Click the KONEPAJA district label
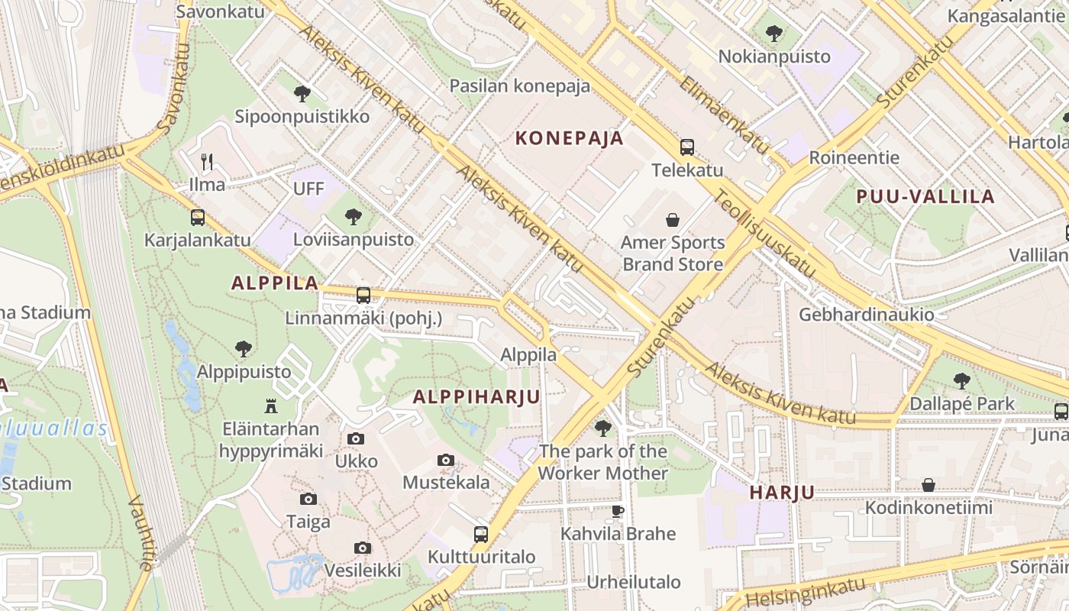coord(570,138)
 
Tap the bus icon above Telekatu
coord(687,147)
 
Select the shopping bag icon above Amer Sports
coord(673,221)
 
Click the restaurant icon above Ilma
coord(207,161)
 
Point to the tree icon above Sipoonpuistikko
coord(302,94)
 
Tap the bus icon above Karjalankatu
coord(198,218)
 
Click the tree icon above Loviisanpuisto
coord(354,217)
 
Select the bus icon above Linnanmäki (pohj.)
coord(363,295)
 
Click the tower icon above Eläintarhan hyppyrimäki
coord(271,406)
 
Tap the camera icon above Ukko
coord(356,438)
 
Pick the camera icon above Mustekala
coord(446,460)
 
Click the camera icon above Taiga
coord(308,499)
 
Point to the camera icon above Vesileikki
coord(363,548)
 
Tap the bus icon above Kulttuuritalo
coord(481,534)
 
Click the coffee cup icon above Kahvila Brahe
coord(618,510)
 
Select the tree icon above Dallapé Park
coord(962,380)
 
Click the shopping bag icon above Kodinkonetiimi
coord(929,485)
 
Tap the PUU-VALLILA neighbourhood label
coord(925,196)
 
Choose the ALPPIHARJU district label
coord(476,396)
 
